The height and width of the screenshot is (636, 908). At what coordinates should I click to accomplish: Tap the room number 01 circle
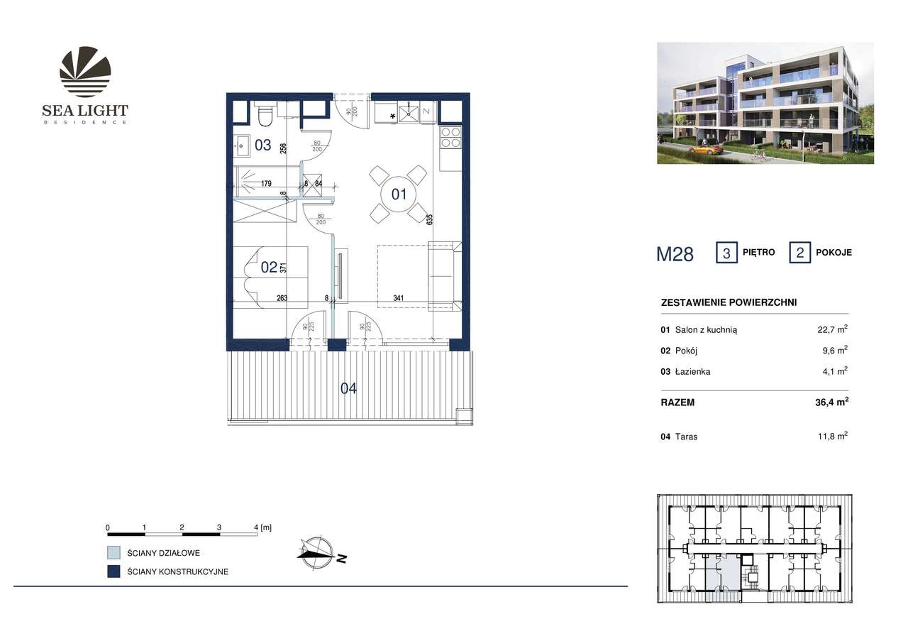pyautogui.click(x=399, y=193)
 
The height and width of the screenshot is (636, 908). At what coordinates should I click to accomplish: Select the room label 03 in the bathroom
pyautogui.click(x=262, y=146)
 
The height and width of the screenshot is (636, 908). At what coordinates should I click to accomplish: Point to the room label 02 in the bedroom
pyautogui.click(x=270, y=268)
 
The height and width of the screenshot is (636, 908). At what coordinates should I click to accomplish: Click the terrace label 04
pyautogui.click(x=348, y=388)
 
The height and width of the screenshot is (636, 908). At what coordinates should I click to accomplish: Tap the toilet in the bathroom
pyautogui.click(x=264, y=113)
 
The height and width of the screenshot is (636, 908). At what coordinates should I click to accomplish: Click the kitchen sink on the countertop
pyautogui.click(x=410, y=112)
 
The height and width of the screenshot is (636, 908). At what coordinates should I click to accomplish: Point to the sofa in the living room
pyautogui.click(x=445, y=275)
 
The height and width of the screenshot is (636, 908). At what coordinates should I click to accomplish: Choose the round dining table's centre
pyautogui.click(x=399, y=193)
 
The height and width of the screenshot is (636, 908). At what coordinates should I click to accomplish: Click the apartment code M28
pyautogui.click(x=675, y=254)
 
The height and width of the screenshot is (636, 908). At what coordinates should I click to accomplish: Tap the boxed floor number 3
pyautogui.click(x=726, y=253)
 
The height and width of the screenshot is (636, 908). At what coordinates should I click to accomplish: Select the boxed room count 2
pyautogui.click(x=799, y=253)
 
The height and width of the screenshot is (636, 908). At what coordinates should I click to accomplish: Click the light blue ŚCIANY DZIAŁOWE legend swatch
pyautogui.click(x=113, y=552)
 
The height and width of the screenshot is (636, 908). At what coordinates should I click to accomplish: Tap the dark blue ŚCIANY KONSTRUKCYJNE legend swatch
pyautogui.click(x=113, y=571)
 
